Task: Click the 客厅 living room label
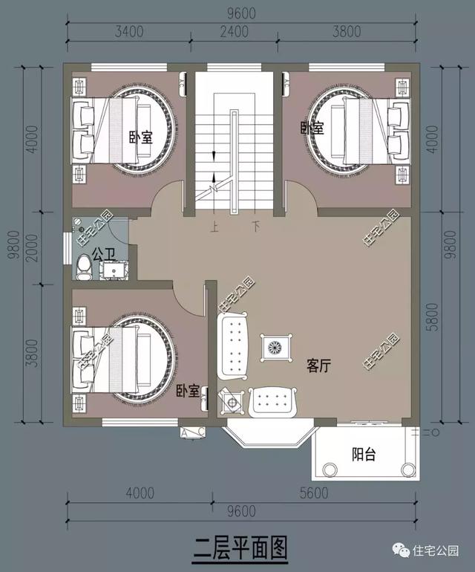[318, 365]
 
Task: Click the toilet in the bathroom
[84, 268]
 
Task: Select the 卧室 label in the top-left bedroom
[140, 137]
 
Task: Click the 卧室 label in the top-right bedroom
[312, 128]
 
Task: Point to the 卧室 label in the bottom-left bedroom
[188, 390]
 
